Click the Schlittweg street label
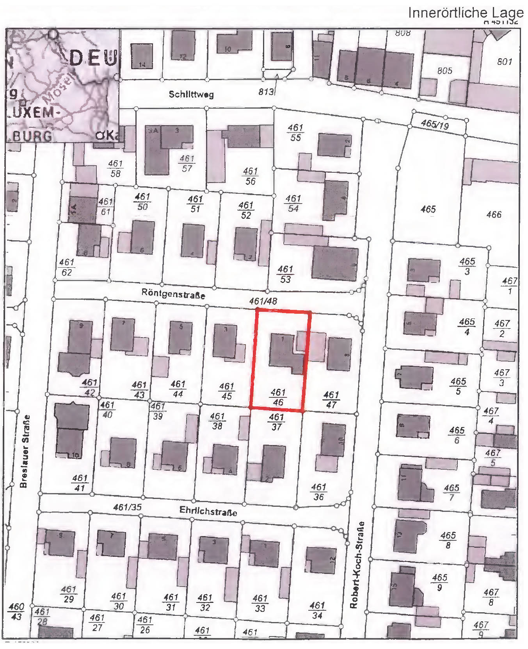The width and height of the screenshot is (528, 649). pyautogui.click(x=191, y=94)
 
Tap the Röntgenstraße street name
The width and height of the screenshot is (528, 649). pyautogui.click(x=173, y=293)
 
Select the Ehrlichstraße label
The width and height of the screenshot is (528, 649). pyautogui.click(x=208, y=511)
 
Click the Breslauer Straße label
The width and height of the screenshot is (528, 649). pyautogui.click(x=24, y=451)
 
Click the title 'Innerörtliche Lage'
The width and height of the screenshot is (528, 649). pyautogui.click(x=466, y=13)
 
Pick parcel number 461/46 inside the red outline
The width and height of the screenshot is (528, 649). pyautogui.click(x=278, y=397)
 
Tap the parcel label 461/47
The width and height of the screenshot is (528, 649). pyautogui.click(x=331, y=400)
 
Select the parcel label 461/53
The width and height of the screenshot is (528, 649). pyautogui.click(x=285, y=274)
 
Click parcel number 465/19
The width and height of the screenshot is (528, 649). pyautogui.click(x=435, y=124)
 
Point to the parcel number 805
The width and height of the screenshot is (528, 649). pyautogui.click(x=444, y=71)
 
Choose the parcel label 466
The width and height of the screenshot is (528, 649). pyautogui.click(x=494, y=214)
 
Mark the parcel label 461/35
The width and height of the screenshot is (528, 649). pyautogui.click(x=127, y=507)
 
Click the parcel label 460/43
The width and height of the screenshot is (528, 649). pyautogui.click(x=16, y=611)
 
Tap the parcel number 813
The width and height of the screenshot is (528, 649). pyautogui.click(x=266, y=91)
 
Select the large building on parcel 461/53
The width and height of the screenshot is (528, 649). pyautogui.click(x=335, y=264)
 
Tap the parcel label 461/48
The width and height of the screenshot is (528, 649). pyautogui.click(x=263, y=301)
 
